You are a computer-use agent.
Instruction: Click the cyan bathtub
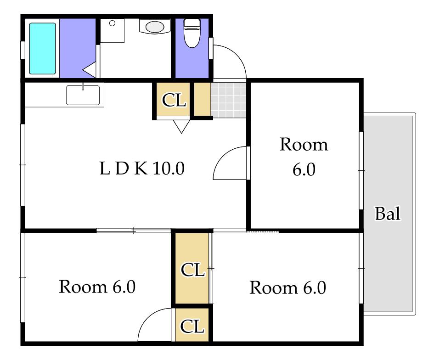click(42, 48)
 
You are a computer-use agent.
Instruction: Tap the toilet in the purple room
click(192, 33)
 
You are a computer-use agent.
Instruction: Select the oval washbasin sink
click(155, 27)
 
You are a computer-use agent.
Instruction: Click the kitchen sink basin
click(83, 95)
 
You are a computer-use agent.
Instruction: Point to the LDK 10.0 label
click(142, 168)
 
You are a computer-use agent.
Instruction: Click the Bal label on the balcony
click(388, 214)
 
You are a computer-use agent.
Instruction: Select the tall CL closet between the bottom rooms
click(192, 268)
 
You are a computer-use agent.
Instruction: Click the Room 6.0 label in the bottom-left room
click(97, 287)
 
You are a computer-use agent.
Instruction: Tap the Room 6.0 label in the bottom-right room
click(288, 288)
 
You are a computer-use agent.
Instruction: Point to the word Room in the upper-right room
click(304, 145)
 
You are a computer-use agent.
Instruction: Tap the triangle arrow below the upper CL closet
click(181, 126)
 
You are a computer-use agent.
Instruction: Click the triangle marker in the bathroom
click(89, 70)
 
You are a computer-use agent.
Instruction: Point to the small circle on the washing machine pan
click(112, 23)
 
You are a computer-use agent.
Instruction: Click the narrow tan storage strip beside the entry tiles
click(203, 99)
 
